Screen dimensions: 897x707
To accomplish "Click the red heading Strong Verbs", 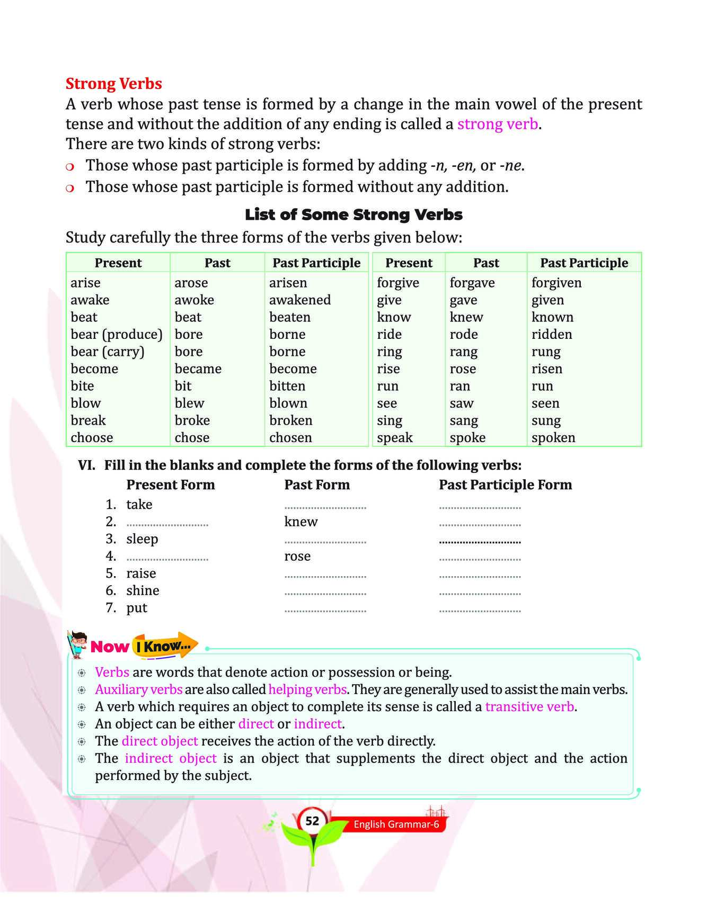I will [x=113, y=84].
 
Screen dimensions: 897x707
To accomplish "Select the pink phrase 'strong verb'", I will [x=497, y=124].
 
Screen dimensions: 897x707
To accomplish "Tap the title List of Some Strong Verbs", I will [x=353, y=214].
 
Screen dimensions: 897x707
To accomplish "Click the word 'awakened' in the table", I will [x=299, y=300].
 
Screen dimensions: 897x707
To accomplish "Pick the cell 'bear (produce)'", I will [x=116, y=335].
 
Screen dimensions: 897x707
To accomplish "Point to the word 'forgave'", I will [x=472, y=283].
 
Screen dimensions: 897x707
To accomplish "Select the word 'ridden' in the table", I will [x=552, y=335].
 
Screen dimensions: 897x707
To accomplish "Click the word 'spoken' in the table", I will [x=553, y=438].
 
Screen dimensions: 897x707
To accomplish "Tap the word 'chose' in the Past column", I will [x=192, y=438].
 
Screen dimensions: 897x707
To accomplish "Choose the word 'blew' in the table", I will [x=189, y=403].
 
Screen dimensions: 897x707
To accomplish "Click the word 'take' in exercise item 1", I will [x=139, y=505].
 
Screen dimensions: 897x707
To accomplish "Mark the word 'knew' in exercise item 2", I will [x=301, y=522].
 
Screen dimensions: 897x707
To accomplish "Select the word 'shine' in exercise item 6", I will [x=143, y=590].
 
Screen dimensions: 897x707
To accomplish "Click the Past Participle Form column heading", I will [x=505, y=485].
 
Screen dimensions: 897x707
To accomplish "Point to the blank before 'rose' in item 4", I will [x=167, y=558].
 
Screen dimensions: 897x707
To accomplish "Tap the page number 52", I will [x=312, y=821].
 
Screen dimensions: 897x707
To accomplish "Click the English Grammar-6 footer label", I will [x=396, y=824].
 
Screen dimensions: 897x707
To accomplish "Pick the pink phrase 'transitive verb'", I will [x=529, y=707].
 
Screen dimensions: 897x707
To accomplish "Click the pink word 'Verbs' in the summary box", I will [x=112, y=672].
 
